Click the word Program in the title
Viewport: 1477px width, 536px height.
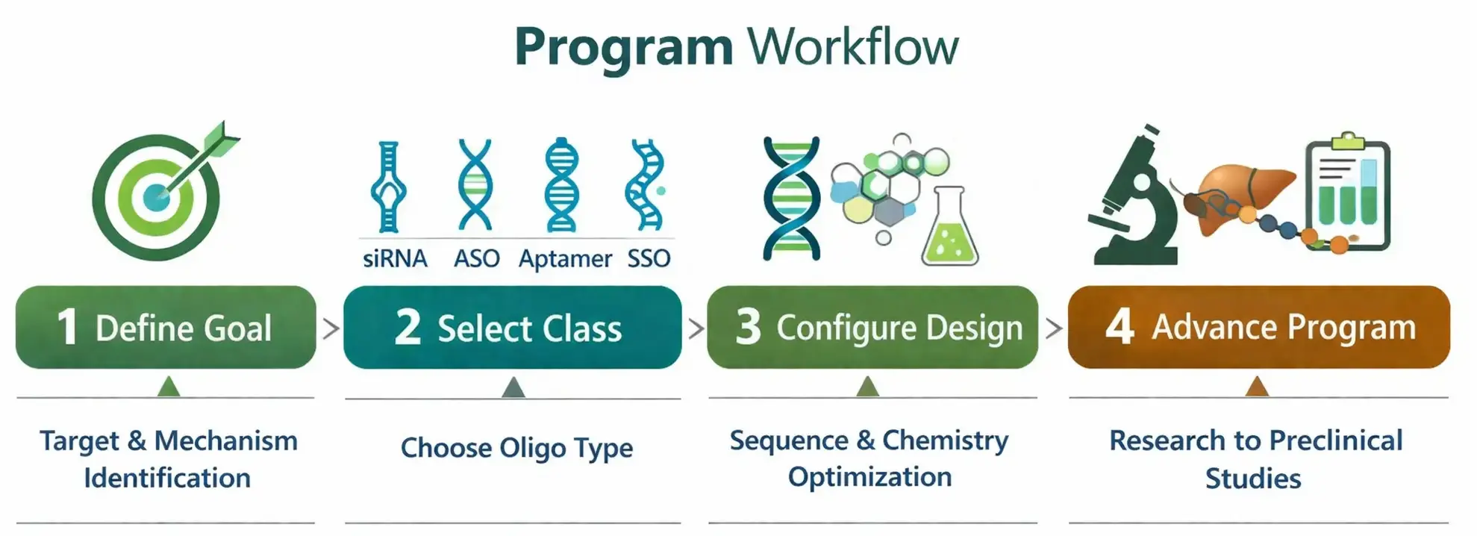[x=623, y=48]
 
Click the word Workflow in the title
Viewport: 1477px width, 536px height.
[x=852, y=48]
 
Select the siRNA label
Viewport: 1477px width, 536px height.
[x=395, y=259]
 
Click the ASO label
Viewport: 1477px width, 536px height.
[x=476, y=259]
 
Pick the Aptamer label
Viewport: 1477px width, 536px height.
[x=565, y=259]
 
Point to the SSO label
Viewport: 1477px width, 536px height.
[x=649, y=259]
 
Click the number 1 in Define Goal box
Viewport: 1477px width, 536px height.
[x=67, y=327]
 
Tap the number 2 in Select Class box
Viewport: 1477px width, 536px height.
[x=407, y=327]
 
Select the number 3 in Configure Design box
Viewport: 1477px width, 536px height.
[x=748, y=327]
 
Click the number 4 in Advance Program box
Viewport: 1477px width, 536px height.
[x=1120, y=327]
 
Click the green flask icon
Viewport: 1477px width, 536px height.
[x=949, y=228]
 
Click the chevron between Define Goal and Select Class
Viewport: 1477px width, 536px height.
[x=330, y=328]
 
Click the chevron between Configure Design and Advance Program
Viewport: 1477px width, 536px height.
[x=1053, y=328]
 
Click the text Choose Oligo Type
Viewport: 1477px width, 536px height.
[x=516, y=448]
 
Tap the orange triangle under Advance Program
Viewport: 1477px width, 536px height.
[x=1258, y=387]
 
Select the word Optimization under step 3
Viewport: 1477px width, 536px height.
[x=869, y=477]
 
